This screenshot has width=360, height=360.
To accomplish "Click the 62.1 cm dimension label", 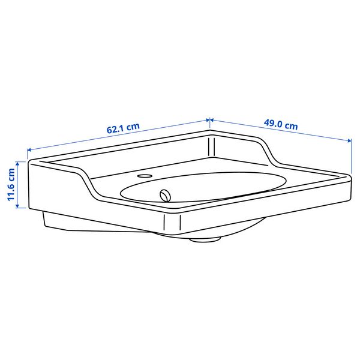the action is (x=123, y=128).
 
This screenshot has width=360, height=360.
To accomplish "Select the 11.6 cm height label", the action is (x=11, y=185).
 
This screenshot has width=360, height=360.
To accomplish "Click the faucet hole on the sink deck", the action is (x=145, y=176).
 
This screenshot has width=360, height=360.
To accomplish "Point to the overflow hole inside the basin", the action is (x=166, y=196).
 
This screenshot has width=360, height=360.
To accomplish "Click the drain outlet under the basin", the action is (x=205, y=239).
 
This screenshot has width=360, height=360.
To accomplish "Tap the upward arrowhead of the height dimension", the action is (x=17, y=163).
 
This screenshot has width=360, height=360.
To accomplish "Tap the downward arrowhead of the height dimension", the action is (x=17, y=206).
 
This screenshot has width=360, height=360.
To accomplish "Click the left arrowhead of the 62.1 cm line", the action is (x=29, y=150).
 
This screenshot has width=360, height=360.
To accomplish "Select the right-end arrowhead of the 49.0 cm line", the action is (x=349, y=140).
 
